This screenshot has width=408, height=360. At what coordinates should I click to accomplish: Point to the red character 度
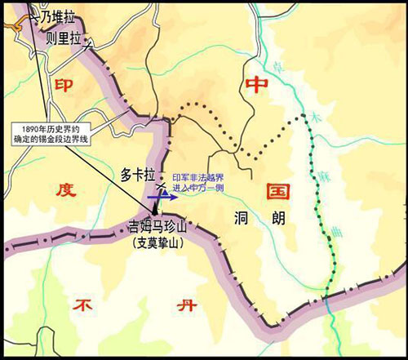click(66, 190)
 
